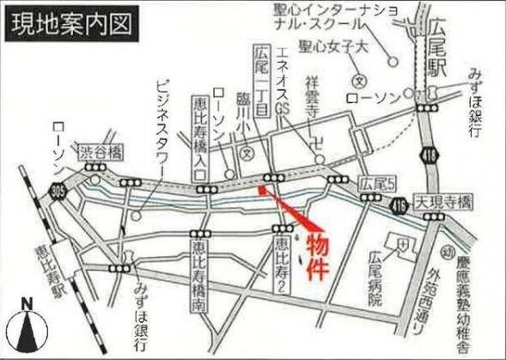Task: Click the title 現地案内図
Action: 73,24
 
